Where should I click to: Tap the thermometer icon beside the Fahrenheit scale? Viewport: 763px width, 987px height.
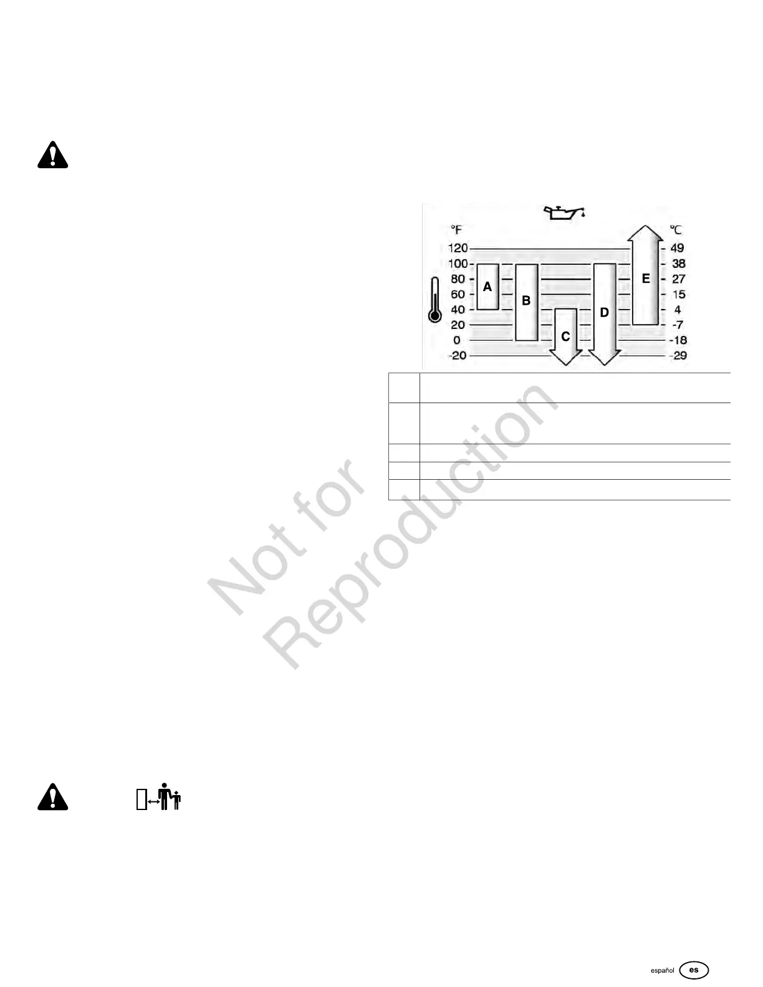pyautogui.click(x=435, y=300)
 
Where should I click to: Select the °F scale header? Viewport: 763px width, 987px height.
pyautogui.click(x=457, y=230)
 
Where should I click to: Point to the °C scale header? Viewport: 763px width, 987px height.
pyautogui.click(x=676, y=230)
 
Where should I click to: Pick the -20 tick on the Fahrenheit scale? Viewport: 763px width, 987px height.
pyautogui.click(x=458, y=355)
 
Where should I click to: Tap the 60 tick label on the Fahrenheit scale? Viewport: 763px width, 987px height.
pyautogui.click(x=458, y=294)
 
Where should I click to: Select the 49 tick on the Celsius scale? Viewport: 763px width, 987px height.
pyautogui.click(x=677, y=248)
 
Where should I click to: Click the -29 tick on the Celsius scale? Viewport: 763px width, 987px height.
pyautogui.click(x=678, y=355)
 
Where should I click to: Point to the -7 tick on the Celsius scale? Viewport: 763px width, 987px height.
pyautogui.click(x=678, y=325)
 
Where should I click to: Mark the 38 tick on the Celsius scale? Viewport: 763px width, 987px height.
pyautogui.click(x=678, y=264)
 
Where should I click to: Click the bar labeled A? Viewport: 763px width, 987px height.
pyautogui.click(x=487, y=287)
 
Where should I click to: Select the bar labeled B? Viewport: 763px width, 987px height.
pyautogui.click(x=526, y=302)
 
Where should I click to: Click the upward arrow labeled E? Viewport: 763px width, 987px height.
pyautogui.click(x=645, y=279)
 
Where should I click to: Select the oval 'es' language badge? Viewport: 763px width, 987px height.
pyautogui.click(x=694, y=970)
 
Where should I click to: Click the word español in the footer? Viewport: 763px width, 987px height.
pyautogui.click(x=662, y=971)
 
